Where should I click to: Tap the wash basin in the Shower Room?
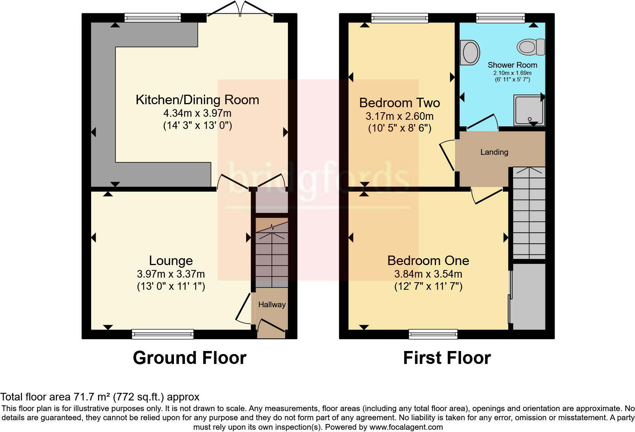[469, 53]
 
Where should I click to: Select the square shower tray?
[529, 110]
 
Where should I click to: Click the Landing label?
[494, 152]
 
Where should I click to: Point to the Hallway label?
[272, 305]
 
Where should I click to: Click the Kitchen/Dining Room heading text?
[197, 100]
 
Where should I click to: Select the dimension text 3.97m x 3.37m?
[171, 274]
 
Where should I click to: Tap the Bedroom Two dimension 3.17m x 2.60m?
[400, 116]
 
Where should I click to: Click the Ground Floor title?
[190, 358]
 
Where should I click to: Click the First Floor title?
[447, 358]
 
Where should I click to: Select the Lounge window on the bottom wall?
[163, 334]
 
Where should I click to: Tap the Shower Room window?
[500, 17]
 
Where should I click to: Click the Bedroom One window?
[433, 334]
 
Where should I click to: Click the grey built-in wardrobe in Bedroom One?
[528, 296]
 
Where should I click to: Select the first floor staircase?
[529, 213]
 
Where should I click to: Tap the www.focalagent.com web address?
[406, 427]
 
